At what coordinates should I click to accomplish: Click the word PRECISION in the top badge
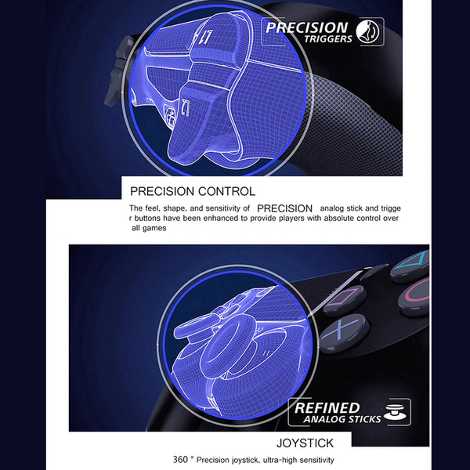pos(306,28)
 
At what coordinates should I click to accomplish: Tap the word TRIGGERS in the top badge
pos(328,39)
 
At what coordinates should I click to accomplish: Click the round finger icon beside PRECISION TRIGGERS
pos(367,31)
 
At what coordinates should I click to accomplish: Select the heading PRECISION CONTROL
pos(193,191)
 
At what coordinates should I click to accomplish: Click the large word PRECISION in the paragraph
pos(285,208)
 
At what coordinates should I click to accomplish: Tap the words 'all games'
pos(149,228)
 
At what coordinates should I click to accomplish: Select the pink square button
pos(345,300)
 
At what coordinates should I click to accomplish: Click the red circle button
pos(415,296)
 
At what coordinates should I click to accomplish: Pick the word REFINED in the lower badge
pos(327,408)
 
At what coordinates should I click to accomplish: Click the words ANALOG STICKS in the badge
pos(342,419)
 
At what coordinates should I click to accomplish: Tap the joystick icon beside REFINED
pos(396,412)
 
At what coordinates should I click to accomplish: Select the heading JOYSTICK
pos(305,443)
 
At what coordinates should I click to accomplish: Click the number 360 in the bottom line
pos(180,459)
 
